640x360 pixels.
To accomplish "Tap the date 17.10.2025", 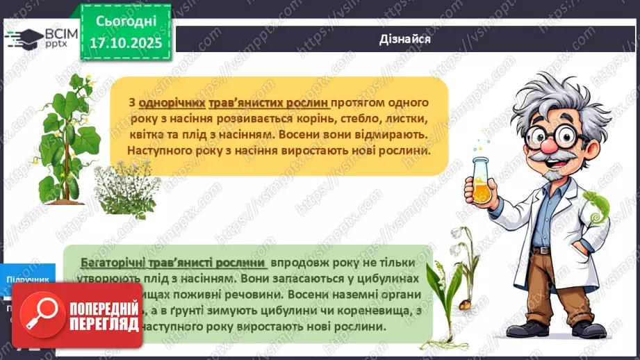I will (x=125, y=43).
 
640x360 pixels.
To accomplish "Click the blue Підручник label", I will (x=28, y=279).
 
